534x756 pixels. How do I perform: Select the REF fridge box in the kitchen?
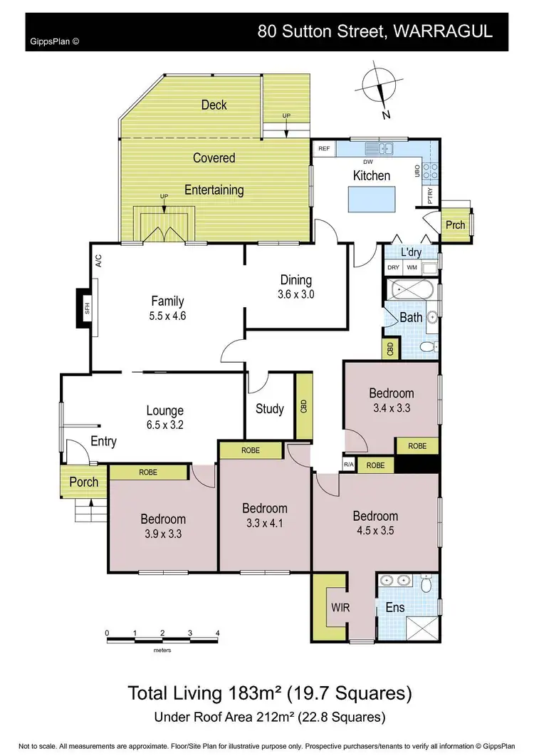(324, 150)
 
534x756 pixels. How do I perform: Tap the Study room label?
(270, 409)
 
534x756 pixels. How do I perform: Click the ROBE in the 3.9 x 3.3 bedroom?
(148, 472)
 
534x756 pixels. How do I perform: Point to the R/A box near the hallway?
(347, 465)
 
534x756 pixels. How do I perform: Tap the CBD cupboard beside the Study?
(303, 407)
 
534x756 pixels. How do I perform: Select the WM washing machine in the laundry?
(412, 268)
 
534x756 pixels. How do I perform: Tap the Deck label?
(214, 105)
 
